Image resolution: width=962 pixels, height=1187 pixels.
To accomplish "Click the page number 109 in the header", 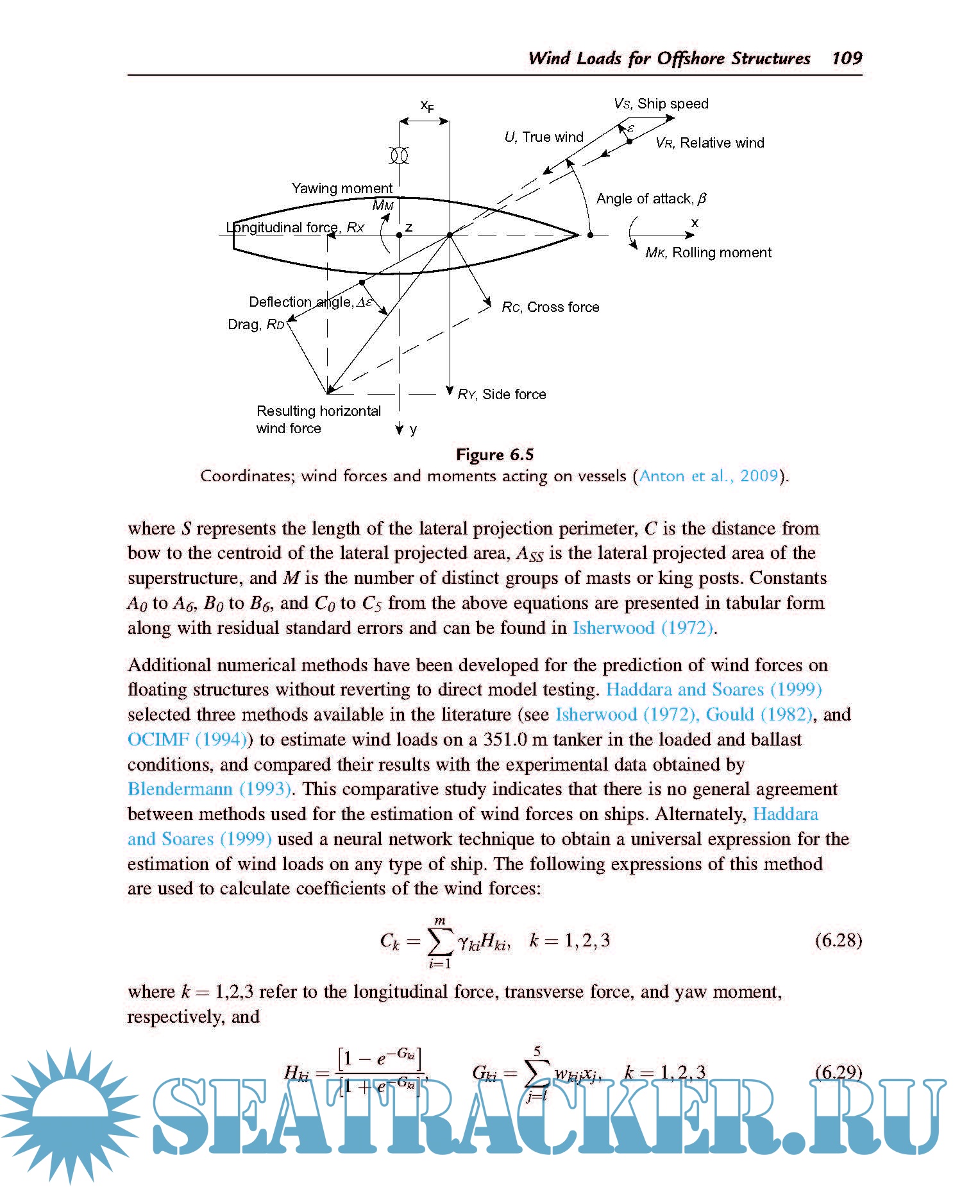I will (847, 58).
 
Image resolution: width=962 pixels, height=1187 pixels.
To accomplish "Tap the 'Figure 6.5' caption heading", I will (494, 454).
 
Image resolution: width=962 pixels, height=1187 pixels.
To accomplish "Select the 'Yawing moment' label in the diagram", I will (342, 188).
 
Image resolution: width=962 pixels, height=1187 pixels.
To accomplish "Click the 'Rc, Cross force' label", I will (550, 307).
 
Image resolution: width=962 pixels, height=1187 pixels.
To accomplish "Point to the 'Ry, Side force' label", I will (502, 394).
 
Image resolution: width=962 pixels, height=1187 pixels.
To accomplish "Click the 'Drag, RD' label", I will (256, 324).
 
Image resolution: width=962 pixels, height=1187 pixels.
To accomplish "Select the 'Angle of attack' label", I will (650, 199).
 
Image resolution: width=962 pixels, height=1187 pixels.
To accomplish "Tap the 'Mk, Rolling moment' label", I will (708, 253).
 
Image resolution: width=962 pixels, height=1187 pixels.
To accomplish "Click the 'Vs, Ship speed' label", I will (661, 104).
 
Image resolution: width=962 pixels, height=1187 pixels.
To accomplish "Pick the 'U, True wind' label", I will (544, 137).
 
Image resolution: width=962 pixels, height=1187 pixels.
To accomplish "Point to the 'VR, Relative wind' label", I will (709, 143).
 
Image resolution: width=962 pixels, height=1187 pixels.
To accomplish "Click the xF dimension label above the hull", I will (426, 105).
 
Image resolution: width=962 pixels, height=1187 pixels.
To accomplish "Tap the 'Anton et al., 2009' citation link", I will (709, 476).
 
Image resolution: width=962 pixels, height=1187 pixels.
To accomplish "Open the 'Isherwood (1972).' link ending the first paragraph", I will (643, 628).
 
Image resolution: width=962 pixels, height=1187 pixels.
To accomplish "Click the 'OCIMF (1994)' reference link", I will (187, 739).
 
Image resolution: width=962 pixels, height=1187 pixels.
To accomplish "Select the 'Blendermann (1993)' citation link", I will (209, 789).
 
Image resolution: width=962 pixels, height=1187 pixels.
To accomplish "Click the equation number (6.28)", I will (838, 940).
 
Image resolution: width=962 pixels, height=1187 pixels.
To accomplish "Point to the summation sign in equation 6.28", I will (440, 941).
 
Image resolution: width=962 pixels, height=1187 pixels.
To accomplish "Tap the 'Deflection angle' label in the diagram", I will (310, 302).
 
